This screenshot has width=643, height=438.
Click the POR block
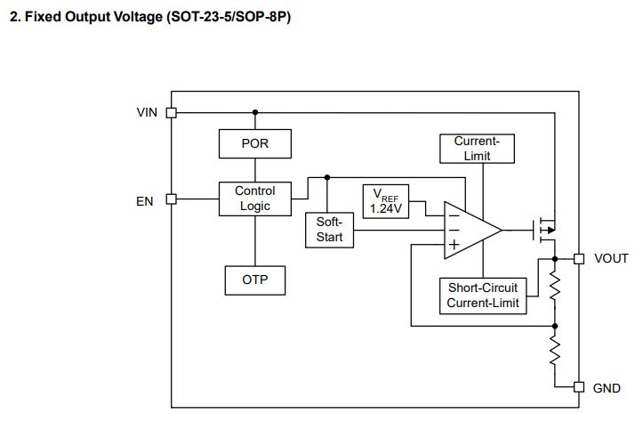point(255,143)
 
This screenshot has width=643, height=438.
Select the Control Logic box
point(255,199)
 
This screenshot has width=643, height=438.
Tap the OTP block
point(255,280)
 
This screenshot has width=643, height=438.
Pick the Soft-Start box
point(329,230)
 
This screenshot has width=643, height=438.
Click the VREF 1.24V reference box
point(385,201)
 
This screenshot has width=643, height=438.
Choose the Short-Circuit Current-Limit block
point(483,296)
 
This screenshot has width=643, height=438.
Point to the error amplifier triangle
point(472,231)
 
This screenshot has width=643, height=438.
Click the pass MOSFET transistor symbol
point(544,230)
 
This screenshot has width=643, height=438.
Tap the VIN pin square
point(171,112)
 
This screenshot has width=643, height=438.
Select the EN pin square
point(171,199)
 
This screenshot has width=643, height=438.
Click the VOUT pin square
point(579,258)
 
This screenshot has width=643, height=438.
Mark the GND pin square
point(579,386)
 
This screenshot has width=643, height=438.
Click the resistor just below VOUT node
point(555,287)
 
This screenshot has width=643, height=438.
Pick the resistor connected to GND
point(555,350)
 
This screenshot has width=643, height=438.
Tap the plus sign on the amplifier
point(454,245)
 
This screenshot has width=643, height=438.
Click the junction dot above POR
point(255,112)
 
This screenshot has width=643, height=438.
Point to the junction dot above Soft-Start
point(326,177)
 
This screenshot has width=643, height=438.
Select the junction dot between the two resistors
point(555,326)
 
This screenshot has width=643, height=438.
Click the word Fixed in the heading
point(43,17)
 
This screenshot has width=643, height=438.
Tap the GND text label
point(607,388)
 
